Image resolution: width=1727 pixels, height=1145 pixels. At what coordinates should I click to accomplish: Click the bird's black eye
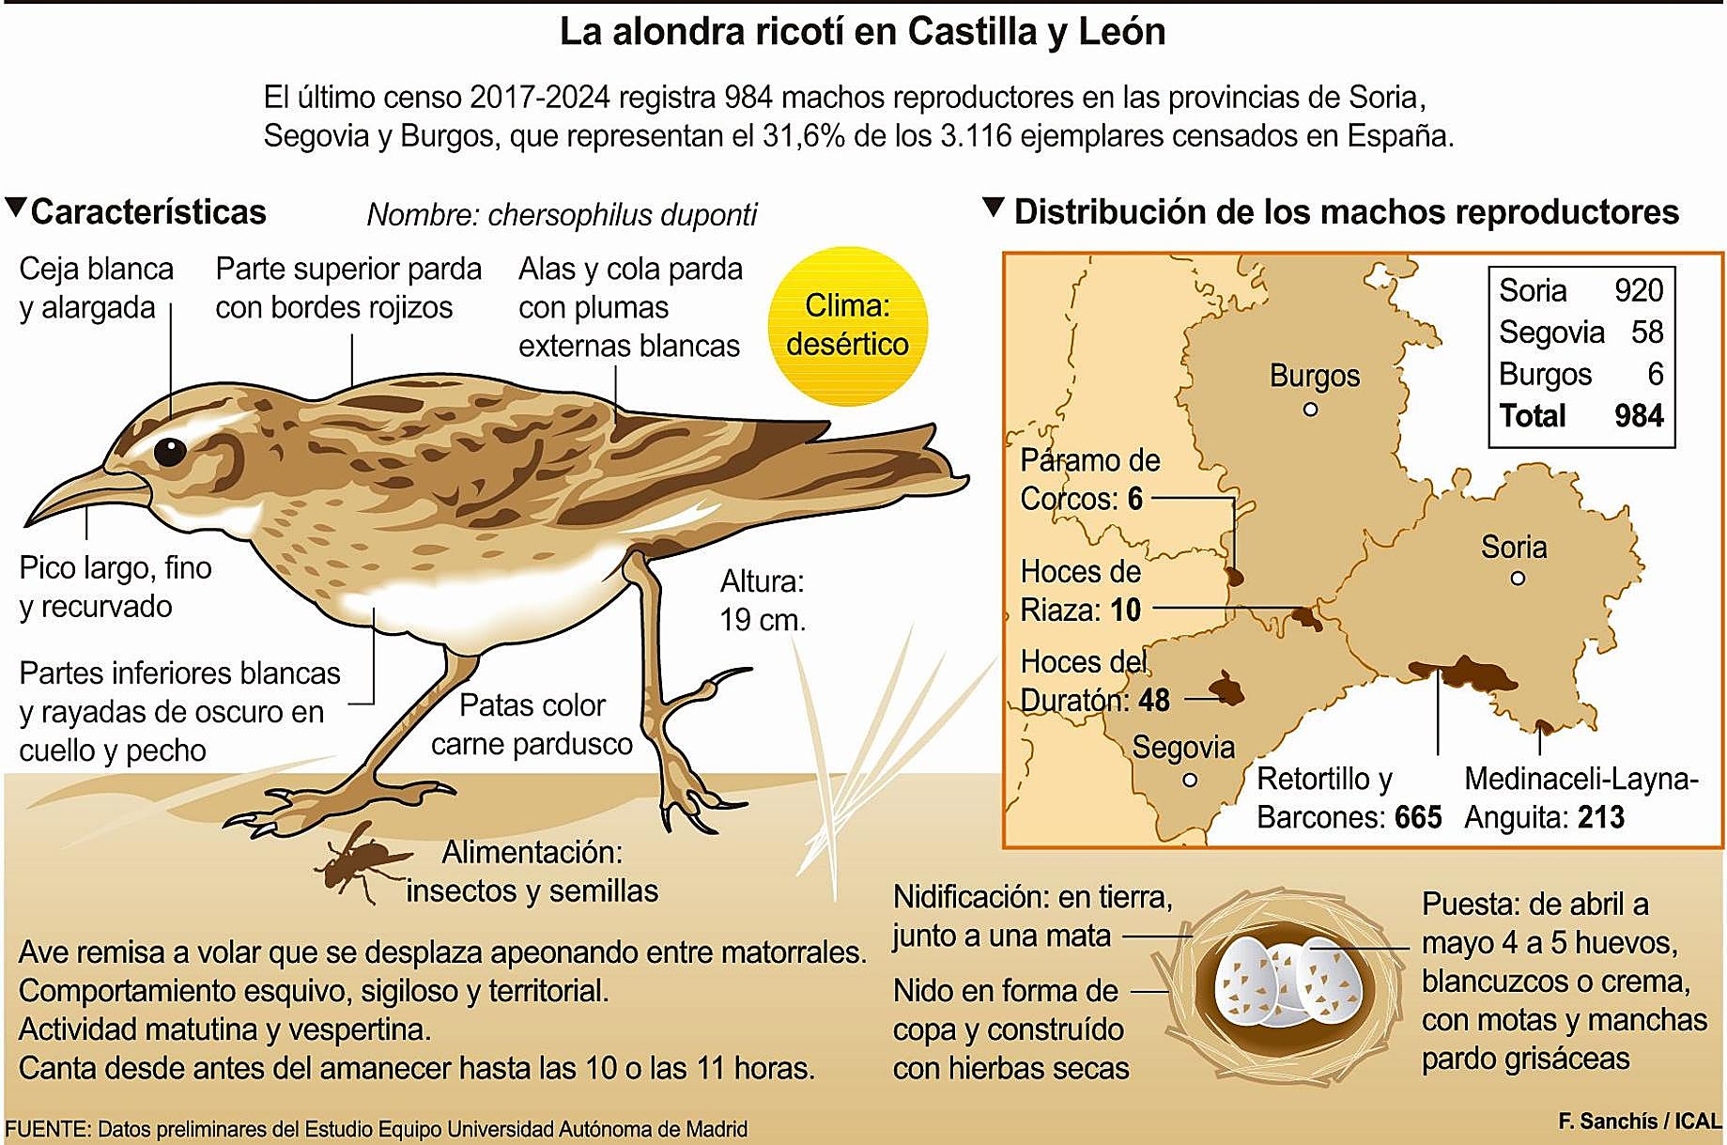click(170, 451)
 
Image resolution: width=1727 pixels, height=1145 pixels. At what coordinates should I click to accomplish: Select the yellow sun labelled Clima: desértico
click(847, 326)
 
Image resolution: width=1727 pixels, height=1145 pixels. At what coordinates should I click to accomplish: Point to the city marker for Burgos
click(1310, 410)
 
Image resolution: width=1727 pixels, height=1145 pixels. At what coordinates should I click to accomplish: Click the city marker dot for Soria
click(1518, 579)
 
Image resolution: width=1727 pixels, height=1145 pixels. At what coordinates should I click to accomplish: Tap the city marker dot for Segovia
click(1190, 780)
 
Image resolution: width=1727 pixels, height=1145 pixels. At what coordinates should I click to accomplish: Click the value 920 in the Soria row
click(1639, 290)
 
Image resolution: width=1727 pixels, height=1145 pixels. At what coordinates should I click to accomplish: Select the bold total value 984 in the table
click(1639, 415)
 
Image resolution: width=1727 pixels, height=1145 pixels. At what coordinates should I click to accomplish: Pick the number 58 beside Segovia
click(1647, 332)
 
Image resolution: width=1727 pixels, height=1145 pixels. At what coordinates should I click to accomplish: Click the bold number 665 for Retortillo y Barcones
click(1417, 817)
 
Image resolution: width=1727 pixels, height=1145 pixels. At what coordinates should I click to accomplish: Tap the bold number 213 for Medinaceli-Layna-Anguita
click(1600, 817)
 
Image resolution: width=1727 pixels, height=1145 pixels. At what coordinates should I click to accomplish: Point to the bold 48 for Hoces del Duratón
click(1154, 700)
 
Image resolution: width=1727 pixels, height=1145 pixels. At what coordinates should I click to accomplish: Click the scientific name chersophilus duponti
click(622, 215)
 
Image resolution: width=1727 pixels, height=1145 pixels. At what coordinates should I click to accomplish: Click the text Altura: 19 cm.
click(762, 601)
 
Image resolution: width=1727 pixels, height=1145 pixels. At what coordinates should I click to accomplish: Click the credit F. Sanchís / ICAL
click(1639, 1122)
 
